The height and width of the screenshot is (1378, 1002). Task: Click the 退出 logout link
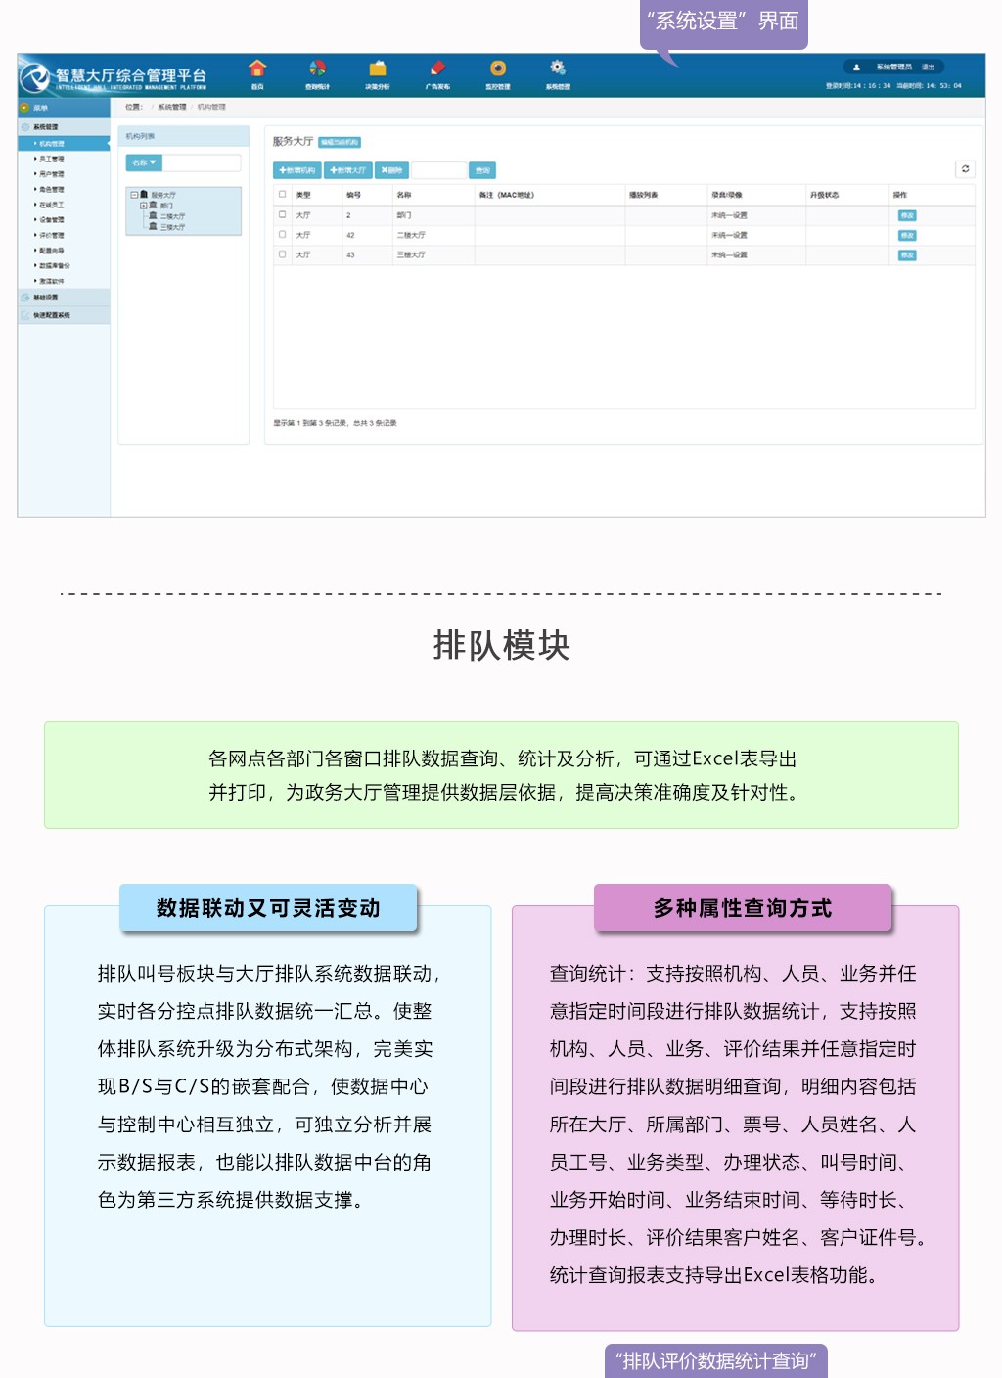point(928,68)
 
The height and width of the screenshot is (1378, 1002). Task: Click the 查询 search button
point(482,170)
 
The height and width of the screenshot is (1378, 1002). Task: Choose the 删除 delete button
point(391,170)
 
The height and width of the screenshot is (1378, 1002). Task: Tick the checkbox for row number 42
point(283,235)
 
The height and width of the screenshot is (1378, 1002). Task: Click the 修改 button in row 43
point(907,255)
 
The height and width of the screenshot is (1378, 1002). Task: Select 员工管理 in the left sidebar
point(52,159)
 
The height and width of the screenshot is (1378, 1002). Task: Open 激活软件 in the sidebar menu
point(52,281)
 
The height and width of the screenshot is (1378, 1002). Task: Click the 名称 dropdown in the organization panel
point(144,162)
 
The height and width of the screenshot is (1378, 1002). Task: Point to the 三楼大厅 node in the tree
point(172,227)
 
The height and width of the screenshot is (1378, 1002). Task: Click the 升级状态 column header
point(824,195)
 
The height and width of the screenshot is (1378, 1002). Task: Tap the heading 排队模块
point(501,646)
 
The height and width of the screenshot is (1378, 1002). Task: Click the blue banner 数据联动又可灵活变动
point(268,908)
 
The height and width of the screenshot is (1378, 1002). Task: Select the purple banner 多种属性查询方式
point(743,908)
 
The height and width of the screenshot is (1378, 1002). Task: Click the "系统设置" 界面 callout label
point(724,22)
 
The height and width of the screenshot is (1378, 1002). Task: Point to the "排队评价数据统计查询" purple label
point(716,1361)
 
